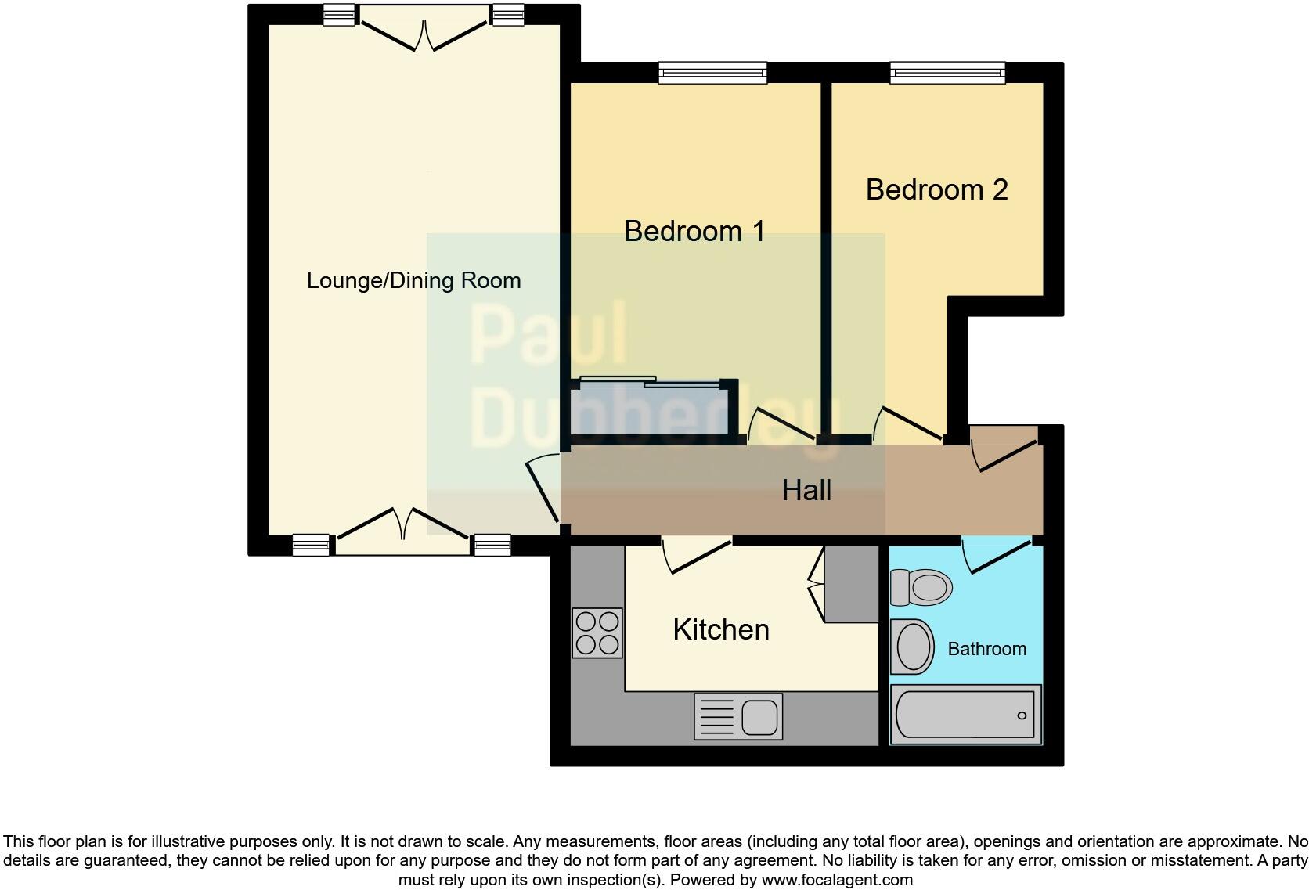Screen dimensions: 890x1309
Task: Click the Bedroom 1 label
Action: click(694, 232)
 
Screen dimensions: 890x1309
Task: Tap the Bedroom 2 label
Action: click(936, 190)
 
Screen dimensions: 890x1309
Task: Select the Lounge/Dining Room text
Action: click(413, 281)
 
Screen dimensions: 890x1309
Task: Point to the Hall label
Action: click(806, 491)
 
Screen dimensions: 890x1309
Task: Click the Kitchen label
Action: click(721, 630)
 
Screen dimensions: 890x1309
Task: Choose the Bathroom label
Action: click(986, 649)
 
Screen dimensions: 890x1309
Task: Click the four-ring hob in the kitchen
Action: click(597, 632)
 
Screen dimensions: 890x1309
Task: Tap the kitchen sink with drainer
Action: click(738, 717)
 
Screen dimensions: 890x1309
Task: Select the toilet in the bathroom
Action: click(921, 587)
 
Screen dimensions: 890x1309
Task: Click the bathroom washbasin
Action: click(912, 647)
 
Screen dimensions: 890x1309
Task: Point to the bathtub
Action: click(966, 715)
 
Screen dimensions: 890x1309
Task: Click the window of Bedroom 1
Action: click(712, 73)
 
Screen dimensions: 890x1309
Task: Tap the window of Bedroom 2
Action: click(947, 73)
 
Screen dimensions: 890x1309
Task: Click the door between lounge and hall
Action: click(543, 489)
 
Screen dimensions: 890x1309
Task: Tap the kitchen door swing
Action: click(695, 556)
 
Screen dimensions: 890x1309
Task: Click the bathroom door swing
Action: click(996, 554)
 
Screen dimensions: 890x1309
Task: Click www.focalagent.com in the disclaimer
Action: click(837, 880)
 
